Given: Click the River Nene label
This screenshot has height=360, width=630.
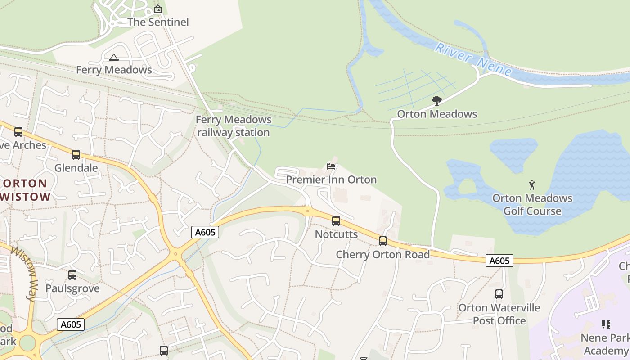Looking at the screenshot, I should [473, 59].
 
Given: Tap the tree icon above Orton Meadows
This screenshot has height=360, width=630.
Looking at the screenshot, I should [436, 101].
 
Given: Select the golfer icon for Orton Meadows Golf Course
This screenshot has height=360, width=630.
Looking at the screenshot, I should [532, 185].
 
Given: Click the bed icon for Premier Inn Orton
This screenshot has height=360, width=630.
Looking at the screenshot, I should [331, 166].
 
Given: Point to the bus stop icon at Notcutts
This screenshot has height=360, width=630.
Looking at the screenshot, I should [336, 221].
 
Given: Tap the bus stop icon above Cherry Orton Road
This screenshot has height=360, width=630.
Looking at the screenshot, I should [383, 241].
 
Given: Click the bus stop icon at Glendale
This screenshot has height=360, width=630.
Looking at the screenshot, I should [76, 155].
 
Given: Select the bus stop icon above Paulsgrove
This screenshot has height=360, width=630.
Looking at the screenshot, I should [72, 275].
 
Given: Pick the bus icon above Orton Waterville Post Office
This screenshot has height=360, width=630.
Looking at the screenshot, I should [499, 294].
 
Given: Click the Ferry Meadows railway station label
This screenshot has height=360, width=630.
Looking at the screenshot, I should [234, 126].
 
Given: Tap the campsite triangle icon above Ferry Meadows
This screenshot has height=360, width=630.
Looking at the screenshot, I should [114, 57].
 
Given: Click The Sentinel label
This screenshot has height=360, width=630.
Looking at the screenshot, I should [158, 22].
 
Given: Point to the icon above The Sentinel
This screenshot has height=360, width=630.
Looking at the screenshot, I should [158, 9].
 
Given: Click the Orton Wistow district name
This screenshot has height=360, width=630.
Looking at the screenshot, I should [26, 190].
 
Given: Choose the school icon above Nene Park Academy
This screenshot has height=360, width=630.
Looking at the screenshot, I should [606, 324].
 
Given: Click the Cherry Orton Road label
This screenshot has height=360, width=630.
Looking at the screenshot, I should [383, 254].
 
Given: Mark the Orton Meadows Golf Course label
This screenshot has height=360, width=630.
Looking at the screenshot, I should [532, 205].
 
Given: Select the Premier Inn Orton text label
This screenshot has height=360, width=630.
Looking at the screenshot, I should [331, 180].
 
